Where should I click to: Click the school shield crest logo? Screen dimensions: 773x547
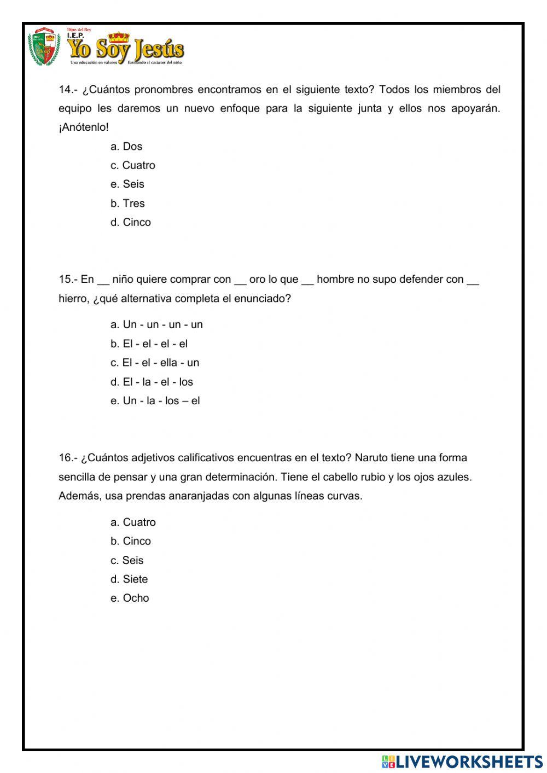(44, 47)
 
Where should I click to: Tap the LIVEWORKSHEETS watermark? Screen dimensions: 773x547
(462, 761)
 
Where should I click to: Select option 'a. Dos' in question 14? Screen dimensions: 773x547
(126, 146)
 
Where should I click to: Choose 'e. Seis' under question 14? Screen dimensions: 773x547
(127, 184)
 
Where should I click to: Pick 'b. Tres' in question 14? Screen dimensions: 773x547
(127, 203)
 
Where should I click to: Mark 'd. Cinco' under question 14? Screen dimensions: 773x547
(131, 222)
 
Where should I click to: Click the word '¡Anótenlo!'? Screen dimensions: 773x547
(84, 127)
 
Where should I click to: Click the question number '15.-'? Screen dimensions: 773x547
(68, 279)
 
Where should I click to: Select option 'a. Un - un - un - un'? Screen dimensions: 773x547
(156, 324)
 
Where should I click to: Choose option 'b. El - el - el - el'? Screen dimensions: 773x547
(149, 344)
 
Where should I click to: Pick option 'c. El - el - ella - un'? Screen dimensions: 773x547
(155, 362)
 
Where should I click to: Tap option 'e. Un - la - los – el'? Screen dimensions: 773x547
(155, 400)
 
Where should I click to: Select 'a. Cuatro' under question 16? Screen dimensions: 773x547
(133, 522)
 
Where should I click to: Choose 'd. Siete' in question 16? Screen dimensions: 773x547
(129, 579)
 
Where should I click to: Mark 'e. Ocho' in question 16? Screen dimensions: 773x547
(130, 598)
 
